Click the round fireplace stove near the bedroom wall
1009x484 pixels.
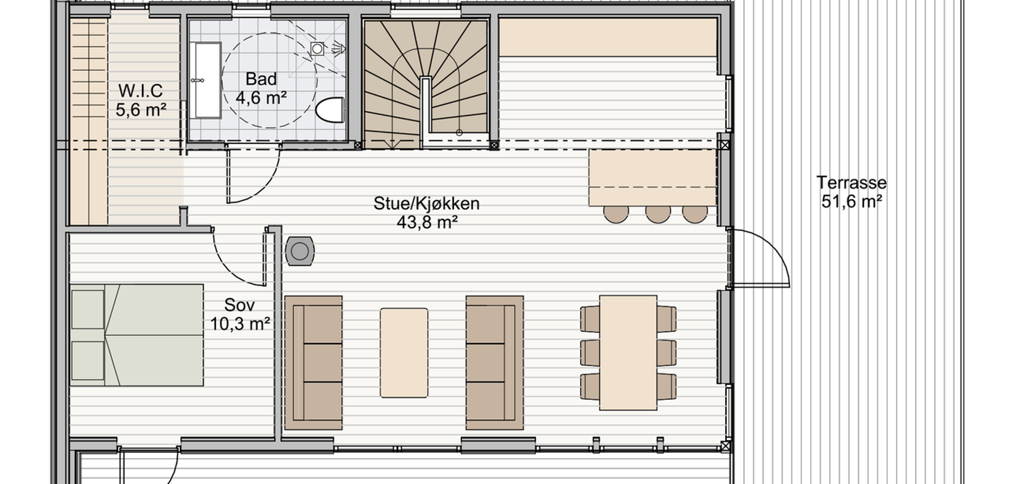(x=300, y=251)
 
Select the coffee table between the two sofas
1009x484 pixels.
(x=404, y=353)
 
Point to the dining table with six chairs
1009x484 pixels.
(x=628, y=353)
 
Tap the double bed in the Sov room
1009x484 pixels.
(x=137, y=335)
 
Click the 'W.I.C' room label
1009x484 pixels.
(x=141, y=91)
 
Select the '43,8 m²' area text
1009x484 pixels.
(x=427, y=222)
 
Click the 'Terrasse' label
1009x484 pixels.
(x=851, y=183)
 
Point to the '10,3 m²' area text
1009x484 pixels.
(x=240, y=324)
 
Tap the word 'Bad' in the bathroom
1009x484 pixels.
(x=261, y=79)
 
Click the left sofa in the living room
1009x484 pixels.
(x=314, y=362)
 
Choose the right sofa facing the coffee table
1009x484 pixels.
(x=495, y=362)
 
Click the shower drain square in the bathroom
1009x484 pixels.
(x=317, y=48)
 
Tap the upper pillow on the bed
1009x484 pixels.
(x=88, y=309)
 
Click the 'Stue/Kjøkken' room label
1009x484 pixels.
(x=427, y=203)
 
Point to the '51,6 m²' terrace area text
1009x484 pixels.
(x=851, y=201)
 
